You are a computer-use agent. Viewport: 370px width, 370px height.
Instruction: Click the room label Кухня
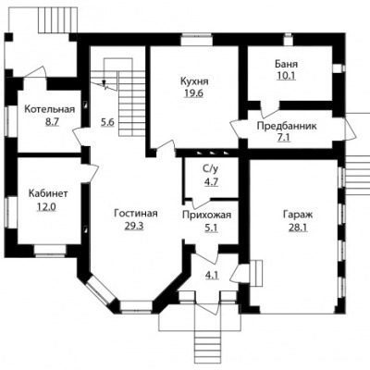(194, 81)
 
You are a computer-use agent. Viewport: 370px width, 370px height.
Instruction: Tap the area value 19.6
(193, 93)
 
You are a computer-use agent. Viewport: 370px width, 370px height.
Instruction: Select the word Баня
(287, 64)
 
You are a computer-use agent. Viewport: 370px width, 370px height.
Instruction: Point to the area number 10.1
(286, 76)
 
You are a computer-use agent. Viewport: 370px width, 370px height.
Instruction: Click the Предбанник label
(287, 126)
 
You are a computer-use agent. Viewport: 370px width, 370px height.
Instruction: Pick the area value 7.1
(284, 138)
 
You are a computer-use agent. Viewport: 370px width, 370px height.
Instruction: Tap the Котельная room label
(50, 109)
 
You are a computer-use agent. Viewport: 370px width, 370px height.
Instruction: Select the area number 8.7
(52, 122)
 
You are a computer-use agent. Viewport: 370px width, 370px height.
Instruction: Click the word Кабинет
(48, 194)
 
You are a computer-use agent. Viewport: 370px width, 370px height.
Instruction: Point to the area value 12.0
(46, 206)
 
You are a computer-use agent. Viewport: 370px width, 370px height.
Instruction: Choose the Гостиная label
(136, 214)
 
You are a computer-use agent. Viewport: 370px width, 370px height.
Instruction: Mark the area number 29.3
(134, 226)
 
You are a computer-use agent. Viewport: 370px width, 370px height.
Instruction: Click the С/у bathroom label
(211, 169)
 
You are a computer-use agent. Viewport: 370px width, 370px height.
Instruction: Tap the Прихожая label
(206, 215)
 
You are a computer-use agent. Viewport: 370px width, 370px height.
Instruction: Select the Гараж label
(298, 215)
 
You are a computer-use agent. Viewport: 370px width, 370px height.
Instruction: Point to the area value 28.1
(298, 228)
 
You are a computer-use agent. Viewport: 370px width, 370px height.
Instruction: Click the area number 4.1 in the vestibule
(212, 275)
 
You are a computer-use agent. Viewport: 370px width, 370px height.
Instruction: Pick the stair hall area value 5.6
(107, 122)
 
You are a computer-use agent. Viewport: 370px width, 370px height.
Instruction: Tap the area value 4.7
(211, 181)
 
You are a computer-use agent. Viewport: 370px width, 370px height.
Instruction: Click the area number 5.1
(211, 228)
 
